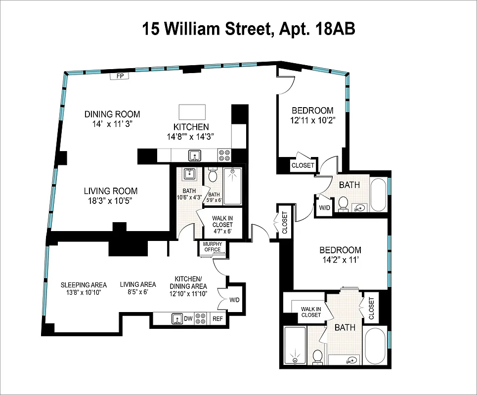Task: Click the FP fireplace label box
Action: click(120, 76)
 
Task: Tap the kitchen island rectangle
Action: click(192, 110)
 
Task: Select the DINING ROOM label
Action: click(112, 114)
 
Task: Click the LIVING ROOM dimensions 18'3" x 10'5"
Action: click(111, 200)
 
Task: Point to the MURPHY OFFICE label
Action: click(212, 247)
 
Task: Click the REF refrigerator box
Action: click(217, 319)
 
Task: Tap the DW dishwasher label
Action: click(188, 319)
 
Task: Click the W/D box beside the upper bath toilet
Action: click(324, 207)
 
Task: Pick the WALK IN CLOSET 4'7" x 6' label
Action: click(222, 225)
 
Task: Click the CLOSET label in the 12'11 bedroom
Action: click(303, 165)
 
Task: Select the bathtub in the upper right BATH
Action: click(379, 195)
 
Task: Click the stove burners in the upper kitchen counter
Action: click(224, 156)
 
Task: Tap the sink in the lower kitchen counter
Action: click(177, 319)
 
